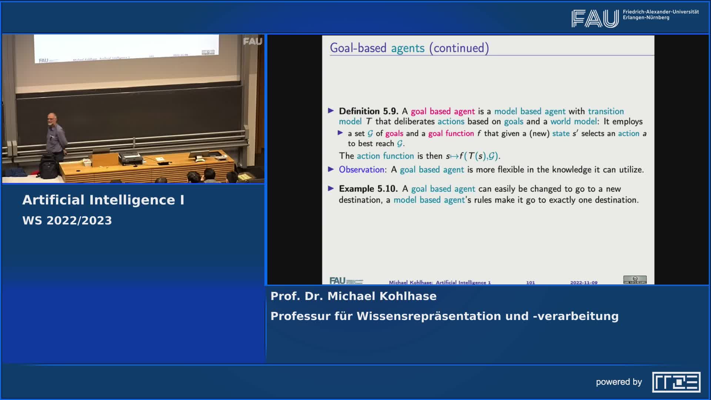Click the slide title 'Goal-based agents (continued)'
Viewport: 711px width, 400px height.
pyautogui.click(x=409, y=48)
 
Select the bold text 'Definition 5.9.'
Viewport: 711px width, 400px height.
pyautogui.click(x=368, y=111)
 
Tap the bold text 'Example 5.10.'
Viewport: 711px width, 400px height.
pyautogui.click(x=368, y=189)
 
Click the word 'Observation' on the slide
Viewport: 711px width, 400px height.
pyautogui.click(x=361, y=170)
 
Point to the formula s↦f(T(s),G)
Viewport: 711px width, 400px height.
pyautogui.click(x=473, y=156)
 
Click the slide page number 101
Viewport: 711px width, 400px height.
pyautogui.click(x=530, y=282)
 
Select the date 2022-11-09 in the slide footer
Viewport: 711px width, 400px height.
pyautogui.click(x=584, y=282)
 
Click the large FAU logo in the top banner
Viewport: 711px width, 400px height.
pyautogui.click(x=595, y=19)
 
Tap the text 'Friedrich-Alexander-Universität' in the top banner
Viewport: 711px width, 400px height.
pyautogui.click(x=661, y=12)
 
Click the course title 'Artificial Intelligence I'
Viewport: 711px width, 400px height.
pyautogui.click(x=103, y=200)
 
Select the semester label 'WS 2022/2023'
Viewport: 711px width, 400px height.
pyautogui.click(x=67, y=220)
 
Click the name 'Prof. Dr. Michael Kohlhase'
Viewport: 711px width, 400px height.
pyautogui.click(x=353, y=296)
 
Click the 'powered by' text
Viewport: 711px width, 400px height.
pyautogui.click(x=619, y=382)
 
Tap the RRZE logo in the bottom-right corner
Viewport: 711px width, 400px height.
pyautogui.click(x=676, y=382)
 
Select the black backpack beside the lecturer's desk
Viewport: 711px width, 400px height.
pyautogui.click(x=49, y=167)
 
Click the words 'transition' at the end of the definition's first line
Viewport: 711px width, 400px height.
pyautogui.click(x=606, y=111)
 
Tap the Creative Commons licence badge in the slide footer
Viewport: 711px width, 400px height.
pyautogui.click(x=635, y=280)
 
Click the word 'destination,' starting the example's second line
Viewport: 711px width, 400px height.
pyautogui.click(x=360, y=200)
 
